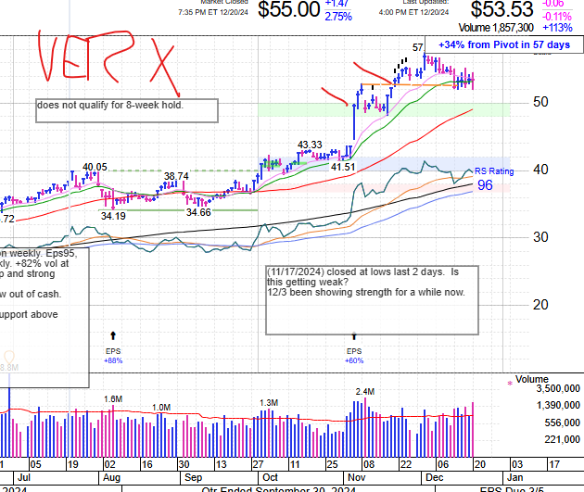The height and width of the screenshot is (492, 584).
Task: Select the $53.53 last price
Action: (x=501, y=10)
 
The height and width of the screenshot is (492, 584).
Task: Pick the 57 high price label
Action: (x=418, y=47)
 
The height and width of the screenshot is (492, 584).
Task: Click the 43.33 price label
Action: (x=310, y=145)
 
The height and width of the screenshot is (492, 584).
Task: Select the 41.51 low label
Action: (x=343, y=167)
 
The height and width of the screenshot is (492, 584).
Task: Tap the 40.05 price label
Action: (x=95, y=168)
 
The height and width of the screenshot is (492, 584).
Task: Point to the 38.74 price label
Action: (x=176, y=176)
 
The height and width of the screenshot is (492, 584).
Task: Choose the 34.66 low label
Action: (x=198, y=212)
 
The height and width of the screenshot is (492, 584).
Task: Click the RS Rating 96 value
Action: (x=485, y=185)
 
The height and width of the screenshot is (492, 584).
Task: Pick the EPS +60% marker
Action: (x=354, y=355)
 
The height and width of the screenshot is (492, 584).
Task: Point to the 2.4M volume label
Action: (x=364, y=392)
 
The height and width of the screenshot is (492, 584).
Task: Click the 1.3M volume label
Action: (x=269, y=402)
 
